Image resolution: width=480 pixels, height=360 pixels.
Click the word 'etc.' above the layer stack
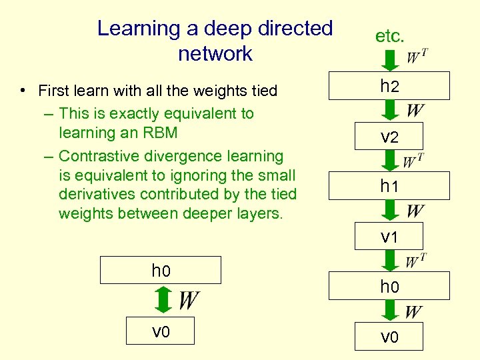point(389,36)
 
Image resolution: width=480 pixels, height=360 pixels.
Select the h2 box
point(389,87)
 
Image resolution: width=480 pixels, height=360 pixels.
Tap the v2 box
point(389,137)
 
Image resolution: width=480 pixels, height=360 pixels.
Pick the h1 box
point(389,187)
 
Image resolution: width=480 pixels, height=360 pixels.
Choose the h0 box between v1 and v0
point(389,287)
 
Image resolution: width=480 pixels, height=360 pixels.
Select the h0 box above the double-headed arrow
point(161,271)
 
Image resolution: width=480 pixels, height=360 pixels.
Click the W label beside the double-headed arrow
point(189,301)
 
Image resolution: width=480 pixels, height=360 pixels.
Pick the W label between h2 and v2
point(415,111)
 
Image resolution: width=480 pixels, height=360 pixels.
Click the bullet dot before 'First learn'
point(23,90)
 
